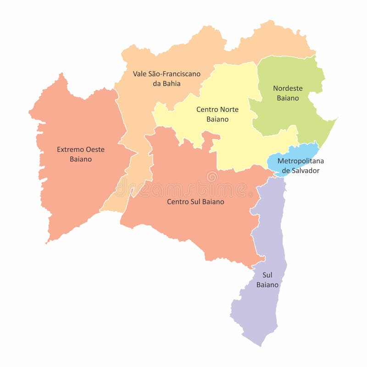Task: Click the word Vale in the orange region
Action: click(x=140, y=73)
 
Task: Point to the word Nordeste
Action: click(x=288, y=88)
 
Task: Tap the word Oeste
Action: click(x=95, y=150)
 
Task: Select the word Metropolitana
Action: click(x=300, y=161)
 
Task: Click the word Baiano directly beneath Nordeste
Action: click(x=288, y=98)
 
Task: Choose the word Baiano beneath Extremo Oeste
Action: click(x=81, y=159)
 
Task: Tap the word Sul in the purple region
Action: click(x=267, y=275)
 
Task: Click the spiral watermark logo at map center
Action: click(x=212, y=177)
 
